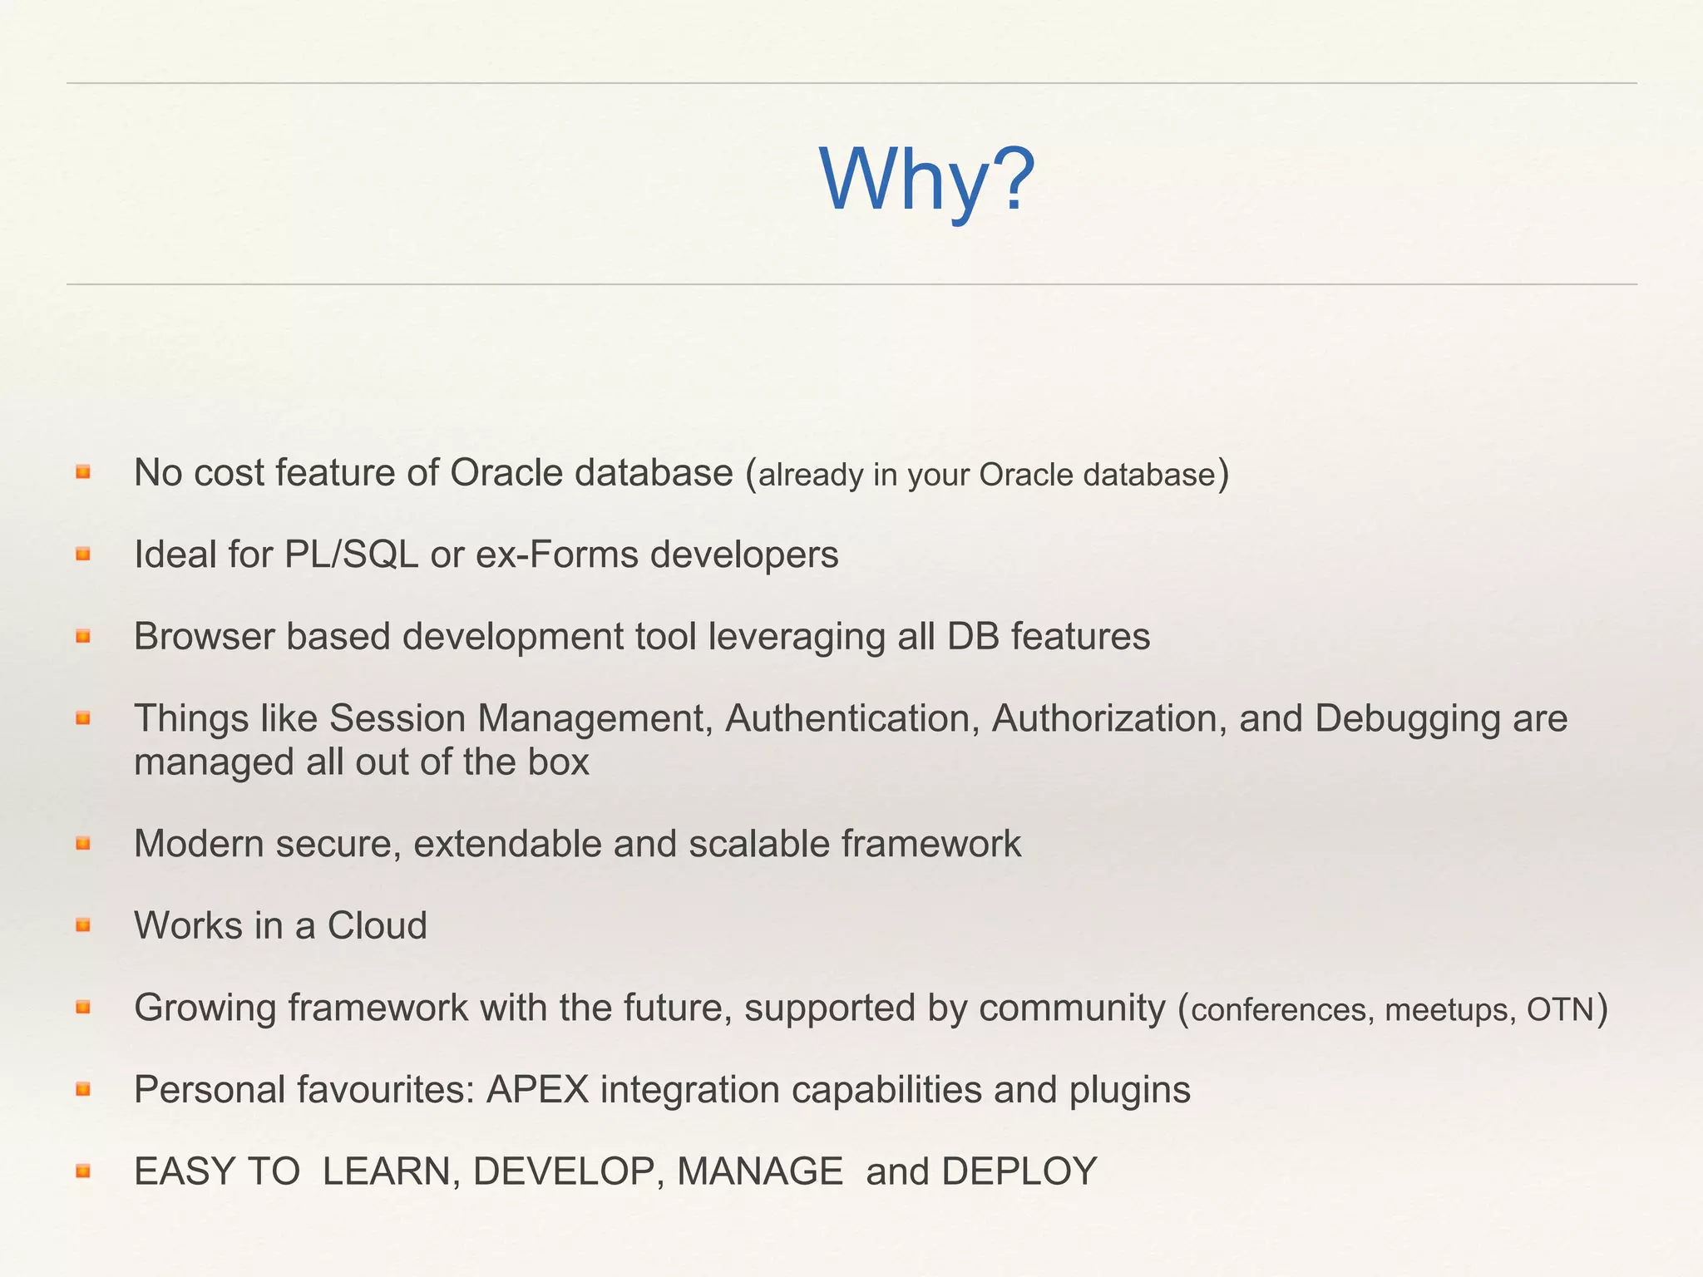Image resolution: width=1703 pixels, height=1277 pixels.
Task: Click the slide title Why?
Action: click(x=926, y=181)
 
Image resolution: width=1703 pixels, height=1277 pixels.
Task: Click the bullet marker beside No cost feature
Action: click(x=82, y=473)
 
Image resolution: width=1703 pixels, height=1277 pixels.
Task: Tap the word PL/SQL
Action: click(x=351, y=555)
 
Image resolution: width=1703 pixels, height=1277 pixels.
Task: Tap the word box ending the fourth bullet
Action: click(x=558, y=762)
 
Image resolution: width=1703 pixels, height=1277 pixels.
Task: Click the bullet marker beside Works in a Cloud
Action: click(x=82, y=925)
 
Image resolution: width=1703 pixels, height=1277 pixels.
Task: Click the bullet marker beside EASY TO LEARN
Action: click(x=82, y=1171)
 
